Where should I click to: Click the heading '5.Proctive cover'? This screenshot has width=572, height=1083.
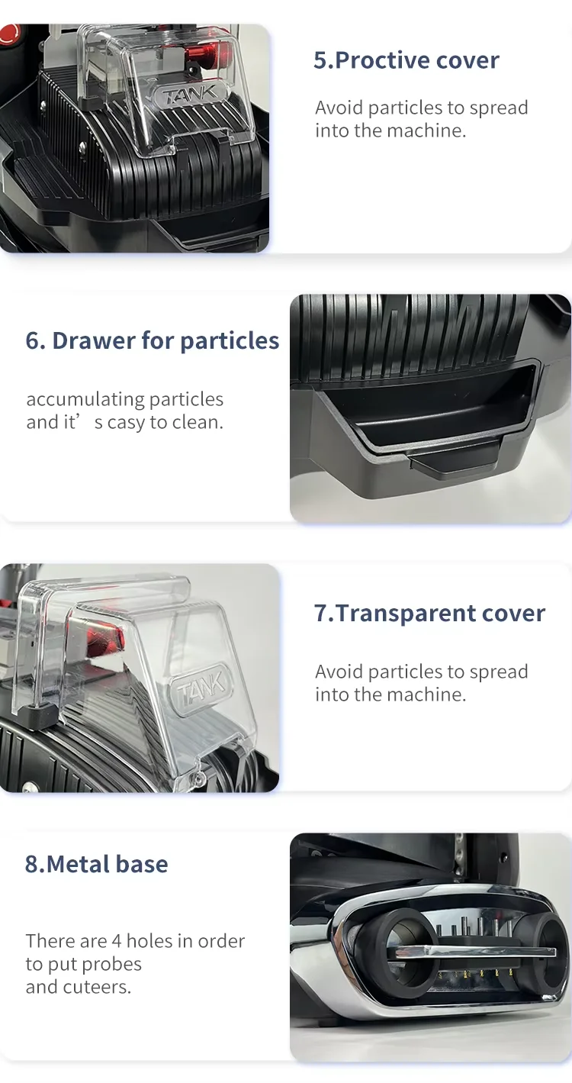click(x=407, y=60)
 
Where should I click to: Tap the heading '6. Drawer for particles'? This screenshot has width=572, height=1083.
click(x=153, y=340)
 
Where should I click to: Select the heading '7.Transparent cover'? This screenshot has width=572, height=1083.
click(x=429, y=613)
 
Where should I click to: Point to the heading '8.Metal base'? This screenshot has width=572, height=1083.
click(x=97, y=864)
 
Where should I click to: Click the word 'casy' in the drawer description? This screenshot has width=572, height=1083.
click(x=127, y=423)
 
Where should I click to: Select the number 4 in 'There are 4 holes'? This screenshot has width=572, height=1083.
click(x=117, y=941)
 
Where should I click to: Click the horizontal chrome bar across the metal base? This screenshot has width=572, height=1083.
click(x=475, y=952)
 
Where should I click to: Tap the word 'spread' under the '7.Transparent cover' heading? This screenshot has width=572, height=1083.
click(x=499, y=672)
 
